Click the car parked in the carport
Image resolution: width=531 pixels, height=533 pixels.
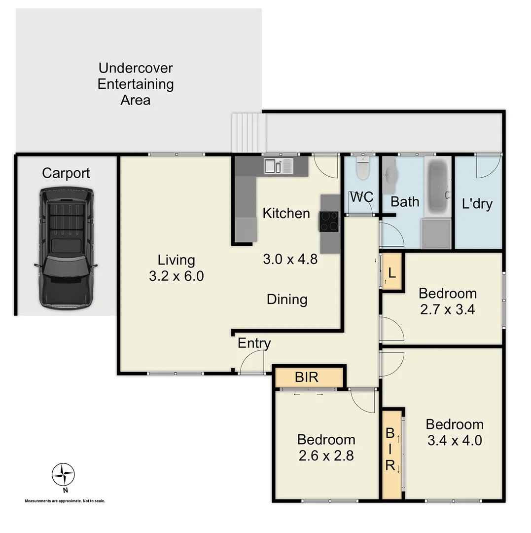66,248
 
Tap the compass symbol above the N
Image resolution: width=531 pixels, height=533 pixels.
63,475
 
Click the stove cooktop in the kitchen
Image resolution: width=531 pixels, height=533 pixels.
329,221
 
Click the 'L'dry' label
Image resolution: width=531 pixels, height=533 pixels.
477,203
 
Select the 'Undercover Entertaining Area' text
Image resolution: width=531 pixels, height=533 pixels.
136,84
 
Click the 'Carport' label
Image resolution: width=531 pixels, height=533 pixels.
66,173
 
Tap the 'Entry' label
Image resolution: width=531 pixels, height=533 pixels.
254,343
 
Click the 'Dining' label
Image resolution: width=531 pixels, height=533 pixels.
287,299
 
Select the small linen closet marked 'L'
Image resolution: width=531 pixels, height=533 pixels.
392,271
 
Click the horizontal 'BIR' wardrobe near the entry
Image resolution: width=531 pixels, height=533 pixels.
308,378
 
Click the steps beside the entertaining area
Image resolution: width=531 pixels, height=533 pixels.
248,133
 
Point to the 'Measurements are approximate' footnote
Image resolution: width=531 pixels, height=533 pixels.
65,501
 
